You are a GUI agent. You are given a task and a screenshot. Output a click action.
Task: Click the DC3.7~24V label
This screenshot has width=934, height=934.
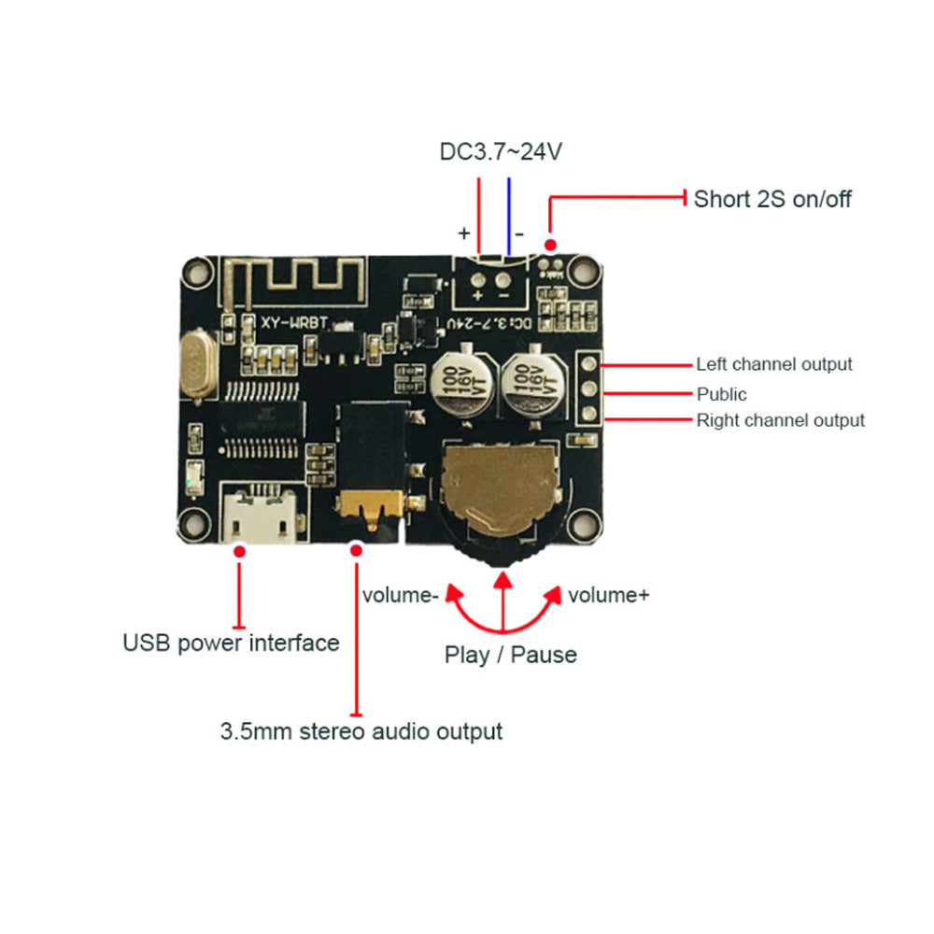point(501,151)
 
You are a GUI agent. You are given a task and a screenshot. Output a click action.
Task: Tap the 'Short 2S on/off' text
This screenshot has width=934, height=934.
point(771,199)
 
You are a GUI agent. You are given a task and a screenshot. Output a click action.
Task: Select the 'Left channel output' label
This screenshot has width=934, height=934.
point(773,364)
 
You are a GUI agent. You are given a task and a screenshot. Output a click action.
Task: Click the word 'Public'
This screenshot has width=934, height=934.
point(721,394)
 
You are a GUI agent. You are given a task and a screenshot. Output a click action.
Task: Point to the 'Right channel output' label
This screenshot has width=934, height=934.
point(780,420)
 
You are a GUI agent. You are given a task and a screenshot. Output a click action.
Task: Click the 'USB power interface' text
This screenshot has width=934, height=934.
point(231,643)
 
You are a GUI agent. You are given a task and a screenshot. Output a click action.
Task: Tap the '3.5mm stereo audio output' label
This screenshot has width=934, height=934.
point(361,730)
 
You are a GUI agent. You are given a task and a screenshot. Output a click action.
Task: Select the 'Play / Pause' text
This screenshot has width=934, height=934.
point(510,655)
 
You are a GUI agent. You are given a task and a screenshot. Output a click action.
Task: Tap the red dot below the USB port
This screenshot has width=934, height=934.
point(240,553)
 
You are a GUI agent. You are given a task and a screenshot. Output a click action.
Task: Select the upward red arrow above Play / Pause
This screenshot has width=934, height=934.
point(503,598)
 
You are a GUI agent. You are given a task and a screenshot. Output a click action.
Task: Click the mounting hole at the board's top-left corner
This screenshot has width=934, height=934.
point(196,273)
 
